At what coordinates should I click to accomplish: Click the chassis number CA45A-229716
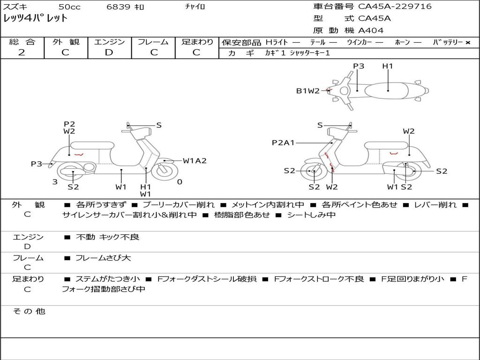(395, 7)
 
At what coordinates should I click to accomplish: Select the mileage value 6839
(119, 7)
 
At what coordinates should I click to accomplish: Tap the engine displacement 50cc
(69, 7)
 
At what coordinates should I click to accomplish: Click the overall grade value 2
(22, 52)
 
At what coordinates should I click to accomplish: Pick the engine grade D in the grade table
(109, 52)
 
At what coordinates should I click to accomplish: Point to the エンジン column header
(109, 42)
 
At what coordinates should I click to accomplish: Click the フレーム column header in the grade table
(153, 42)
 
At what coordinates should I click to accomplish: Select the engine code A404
(371, 30)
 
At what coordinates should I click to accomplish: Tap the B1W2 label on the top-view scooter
(307, 91)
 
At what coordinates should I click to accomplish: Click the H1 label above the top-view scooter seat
(388, 66)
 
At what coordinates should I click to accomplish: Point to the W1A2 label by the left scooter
(195, 161)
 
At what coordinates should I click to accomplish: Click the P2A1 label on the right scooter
(283, 142)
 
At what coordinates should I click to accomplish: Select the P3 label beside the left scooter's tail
(37, 164)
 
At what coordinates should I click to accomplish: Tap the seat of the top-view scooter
(388, 90)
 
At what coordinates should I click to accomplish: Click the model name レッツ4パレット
(36, 18)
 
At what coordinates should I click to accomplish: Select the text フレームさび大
(103, 258)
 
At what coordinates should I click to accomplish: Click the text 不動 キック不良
(107, 237)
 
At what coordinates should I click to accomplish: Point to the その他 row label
(29, 311)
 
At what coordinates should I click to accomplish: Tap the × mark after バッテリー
(468, 42)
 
